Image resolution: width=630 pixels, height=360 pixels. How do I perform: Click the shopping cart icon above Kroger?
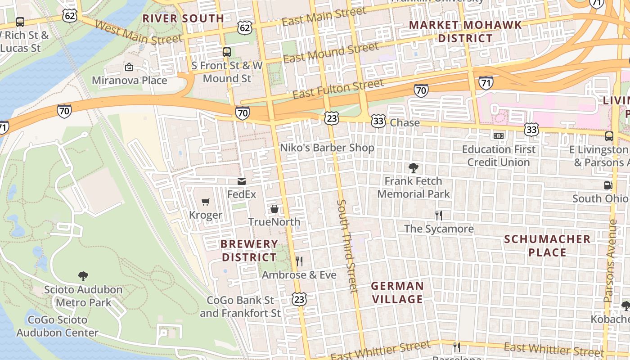(206, 202)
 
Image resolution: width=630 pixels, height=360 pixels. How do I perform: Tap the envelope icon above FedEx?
(242, 181)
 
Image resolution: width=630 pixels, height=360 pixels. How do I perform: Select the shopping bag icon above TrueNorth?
(274, 209)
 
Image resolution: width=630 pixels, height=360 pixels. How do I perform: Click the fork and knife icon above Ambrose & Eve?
(299, 261)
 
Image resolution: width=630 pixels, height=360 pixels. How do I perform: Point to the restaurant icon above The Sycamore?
(439, 215)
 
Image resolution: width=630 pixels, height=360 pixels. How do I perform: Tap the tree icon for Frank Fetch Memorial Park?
(413, 168)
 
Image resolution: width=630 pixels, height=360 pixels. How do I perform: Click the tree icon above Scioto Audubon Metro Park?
(83, 276)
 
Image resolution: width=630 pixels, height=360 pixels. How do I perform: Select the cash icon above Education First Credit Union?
(499, 135)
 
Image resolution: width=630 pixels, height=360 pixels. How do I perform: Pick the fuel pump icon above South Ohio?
(608, 185)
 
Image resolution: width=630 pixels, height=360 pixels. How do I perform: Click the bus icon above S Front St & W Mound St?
(227, 52)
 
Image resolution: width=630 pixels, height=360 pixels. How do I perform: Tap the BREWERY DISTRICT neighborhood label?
(249, 251)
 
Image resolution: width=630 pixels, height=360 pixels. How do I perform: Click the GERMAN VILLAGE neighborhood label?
(397, 292)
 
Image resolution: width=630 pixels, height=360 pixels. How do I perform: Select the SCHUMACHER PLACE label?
(547, 246)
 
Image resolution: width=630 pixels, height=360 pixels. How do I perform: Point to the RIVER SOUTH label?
(183, 18)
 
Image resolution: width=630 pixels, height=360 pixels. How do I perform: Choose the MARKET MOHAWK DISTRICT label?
(465, 31)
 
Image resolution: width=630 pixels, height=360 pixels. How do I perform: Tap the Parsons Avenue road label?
(610, 261)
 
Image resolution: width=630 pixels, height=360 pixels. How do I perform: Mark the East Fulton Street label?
(338, 89)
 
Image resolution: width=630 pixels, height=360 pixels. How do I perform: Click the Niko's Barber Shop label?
(327, 148)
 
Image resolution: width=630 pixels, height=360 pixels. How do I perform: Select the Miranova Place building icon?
(129, 67)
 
